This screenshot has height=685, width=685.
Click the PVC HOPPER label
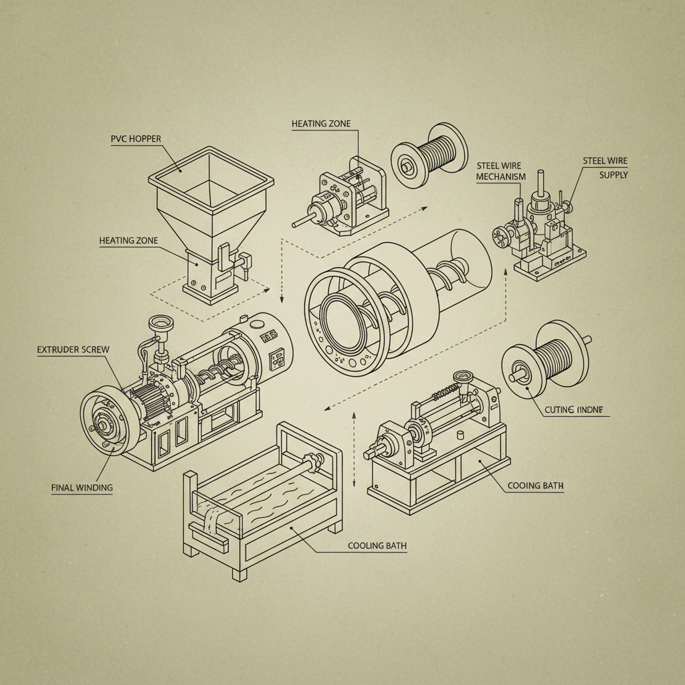136,138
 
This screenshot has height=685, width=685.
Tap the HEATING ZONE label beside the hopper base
129,240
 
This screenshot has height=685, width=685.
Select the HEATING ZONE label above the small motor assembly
320,124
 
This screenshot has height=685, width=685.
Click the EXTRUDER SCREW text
73,350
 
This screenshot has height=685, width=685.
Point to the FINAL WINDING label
82,488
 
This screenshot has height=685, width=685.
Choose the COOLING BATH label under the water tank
377,545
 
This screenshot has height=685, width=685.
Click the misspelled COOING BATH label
535,485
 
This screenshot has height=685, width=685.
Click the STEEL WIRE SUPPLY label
605,167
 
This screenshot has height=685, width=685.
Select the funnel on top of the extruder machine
160,324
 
